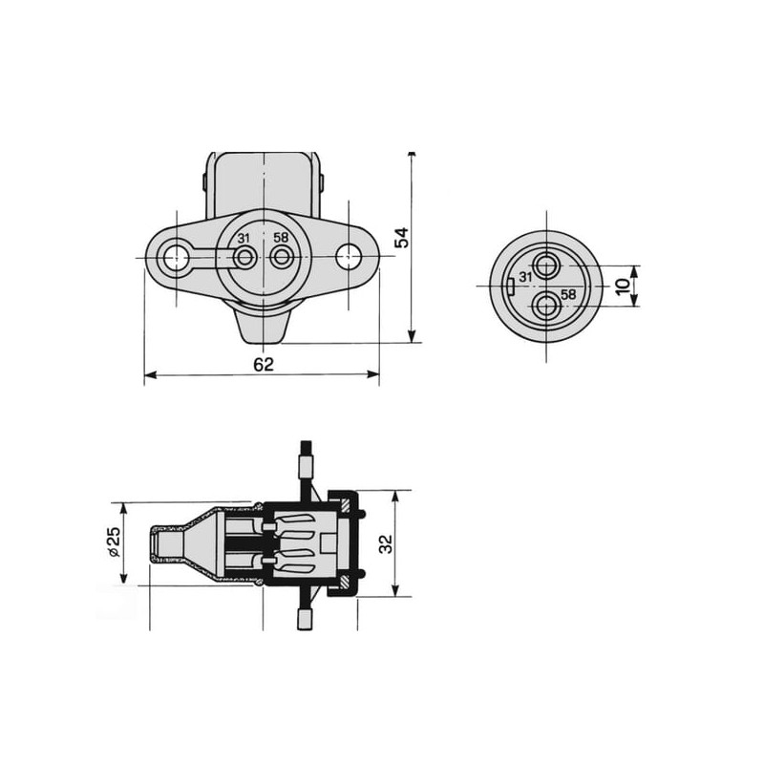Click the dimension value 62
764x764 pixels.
(x=264, y=364)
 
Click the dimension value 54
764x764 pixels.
(x=402, y=238)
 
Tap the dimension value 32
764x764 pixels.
(x=386, y=543)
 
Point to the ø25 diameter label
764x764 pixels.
(x=113, y=542)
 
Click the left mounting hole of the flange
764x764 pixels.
(x=176, y=257)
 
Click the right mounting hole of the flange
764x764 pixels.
(x=349, y=256)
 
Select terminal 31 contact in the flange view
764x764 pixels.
(x=244, y=256)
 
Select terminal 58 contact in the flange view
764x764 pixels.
(x=281, y=256)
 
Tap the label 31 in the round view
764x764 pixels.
(x=525, y=277)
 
